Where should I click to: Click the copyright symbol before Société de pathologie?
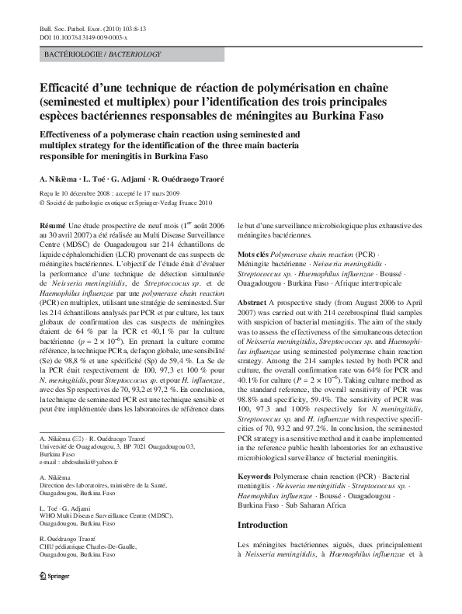(x=42, y=203)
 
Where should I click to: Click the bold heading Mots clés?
(x=252, y=255)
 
